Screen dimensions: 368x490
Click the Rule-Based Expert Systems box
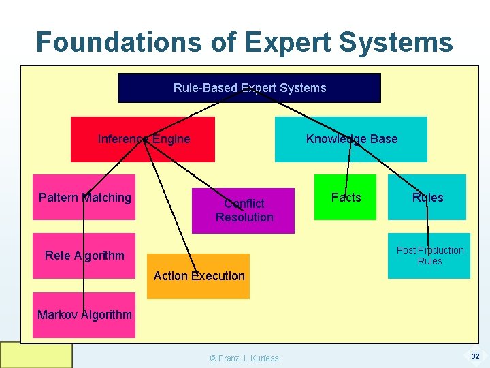pyautogui.click(x=249, y=88)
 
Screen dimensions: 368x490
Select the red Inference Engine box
pyautogui.click(x=143, y=139)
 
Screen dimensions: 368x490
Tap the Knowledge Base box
pyautogui.click(x=351, y=139)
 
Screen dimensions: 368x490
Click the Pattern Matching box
pyautogui.click(x=84, y=198)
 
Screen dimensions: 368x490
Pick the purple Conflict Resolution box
pyautogui.click(x=244, y=211)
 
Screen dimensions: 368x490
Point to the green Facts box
pyautogui.click(x=345, y=198)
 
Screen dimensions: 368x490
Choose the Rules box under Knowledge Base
pyautogui.click(x=427, y=198)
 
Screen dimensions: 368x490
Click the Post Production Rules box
pyautogui.click(x=429, y=256)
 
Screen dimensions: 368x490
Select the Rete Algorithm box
pyautogui.click(x=84, y=256)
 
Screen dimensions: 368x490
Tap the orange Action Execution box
pyautogui.click(x=199, y=276)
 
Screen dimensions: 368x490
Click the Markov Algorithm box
pyautogui.click(x=84, y=315)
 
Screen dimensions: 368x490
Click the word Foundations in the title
pyautogui.click(x=116, y=42)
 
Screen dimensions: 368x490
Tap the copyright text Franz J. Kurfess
pyautogui.click(x=244, y=358)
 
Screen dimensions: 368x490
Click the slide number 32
pyautogui.click(x=475, y=356)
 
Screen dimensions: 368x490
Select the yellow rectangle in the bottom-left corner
pyautogui.click(x=36, y=355)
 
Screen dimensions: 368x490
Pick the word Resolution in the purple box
pyautogui.click(x=244, y=217)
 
